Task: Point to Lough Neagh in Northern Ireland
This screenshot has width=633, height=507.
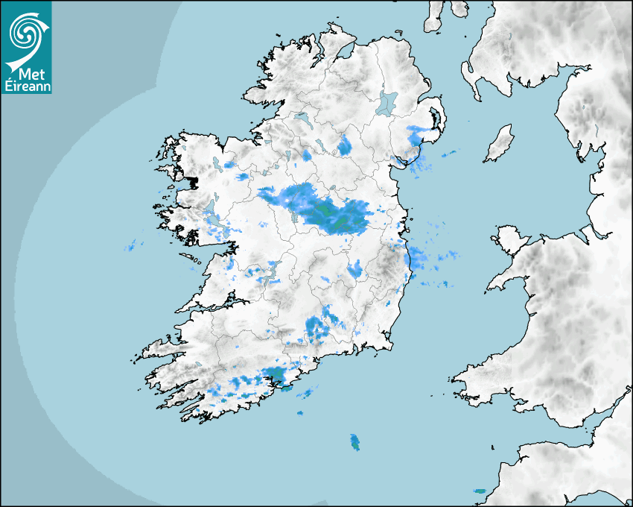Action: tap(387, 102)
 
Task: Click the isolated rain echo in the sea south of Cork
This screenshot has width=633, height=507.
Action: tap(354, 442)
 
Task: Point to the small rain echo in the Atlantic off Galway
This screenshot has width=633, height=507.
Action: tap(133, 245)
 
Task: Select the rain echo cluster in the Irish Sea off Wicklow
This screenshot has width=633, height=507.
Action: tap(428, 258)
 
